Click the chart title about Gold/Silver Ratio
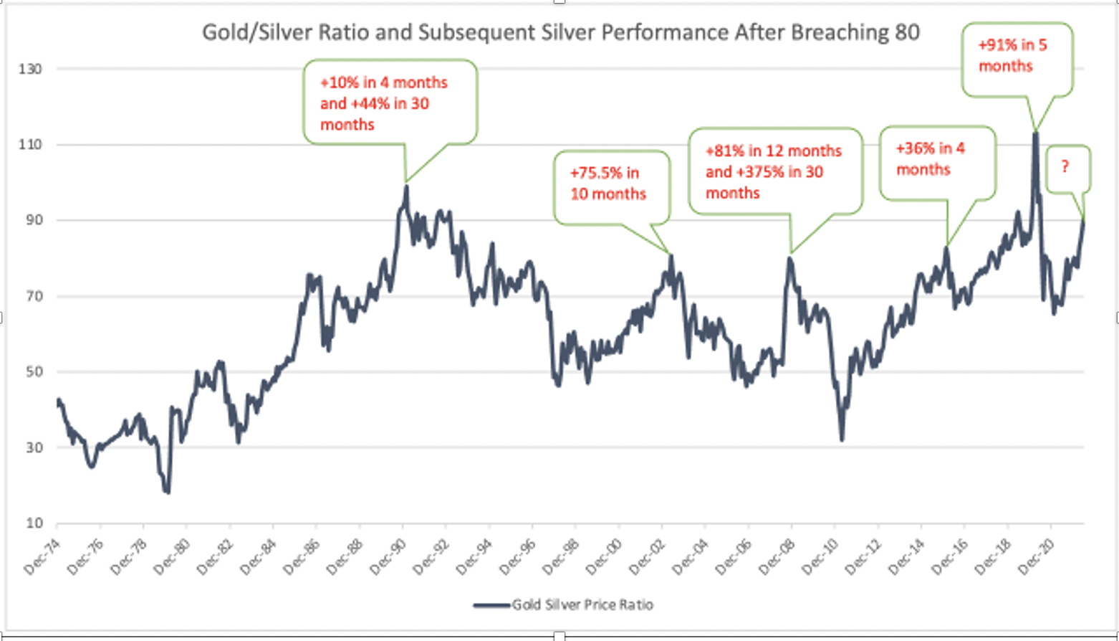(560, 33)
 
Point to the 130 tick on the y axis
(30, 69)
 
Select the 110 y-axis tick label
(30, 145)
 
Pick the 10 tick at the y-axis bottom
(34, 523)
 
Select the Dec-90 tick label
(389, 556)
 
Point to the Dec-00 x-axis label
(605, 556)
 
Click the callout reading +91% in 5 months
(1016, 56)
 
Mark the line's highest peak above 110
(1035, 133)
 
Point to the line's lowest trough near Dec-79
(168, 492)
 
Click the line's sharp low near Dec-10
(842, 439)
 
